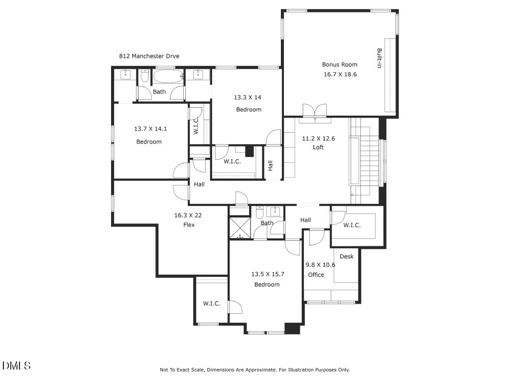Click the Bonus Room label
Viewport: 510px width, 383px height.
340,64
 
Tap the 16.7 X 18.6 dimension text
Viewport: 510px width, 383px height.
340,74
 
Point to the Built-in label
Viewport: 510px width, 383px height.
379,58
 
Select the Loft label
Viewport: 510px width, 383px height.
318,147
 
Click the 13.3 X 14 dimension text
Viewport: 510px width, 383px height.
248,97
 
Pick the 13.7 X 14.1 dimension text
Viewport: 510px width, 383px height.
150,129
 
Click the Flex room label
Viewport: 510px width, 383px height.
189,225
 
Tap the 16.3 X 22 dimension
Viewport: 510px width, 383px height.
188,215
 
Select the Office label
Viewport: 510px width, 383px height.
316,275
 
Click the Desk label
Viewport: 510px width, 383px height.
347,256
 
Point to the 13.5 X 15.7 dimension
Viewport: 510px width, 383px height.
267,274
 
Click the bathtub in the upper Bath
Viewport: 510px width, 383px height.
168,76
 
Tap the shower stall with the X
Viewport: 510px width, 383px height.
240,227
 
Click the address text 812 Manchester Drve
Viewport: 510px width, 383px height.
149,56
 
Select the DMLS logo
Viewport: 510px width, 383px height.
16,366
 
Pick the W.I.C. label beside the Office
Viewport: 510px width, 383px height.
352,225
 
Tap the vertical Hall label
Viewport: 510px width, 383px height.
270,166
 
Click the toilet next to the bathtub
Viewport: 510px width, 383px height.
145,76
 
